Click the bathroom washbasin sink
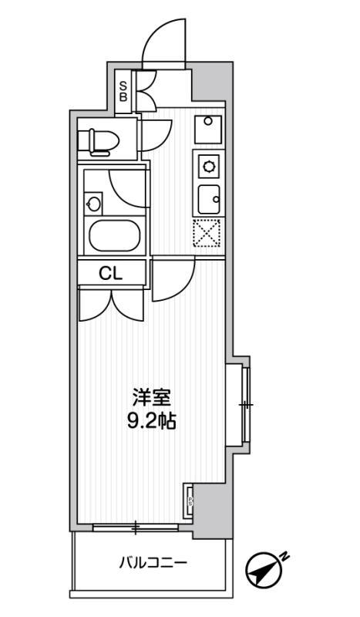click(x=94, y=204)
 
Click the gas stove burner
click(x=208, y=165)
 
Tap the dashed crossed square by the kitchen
click(x=207, y=234)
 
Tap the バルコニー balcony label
click(x=152, y=562)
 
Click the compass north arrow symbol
click(x=261, y=571)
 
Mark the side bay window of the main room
click(x=246, y=404)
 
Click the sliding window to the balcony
click(x=136, y=528)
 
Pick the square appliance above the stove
click(x=207, y=127)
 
